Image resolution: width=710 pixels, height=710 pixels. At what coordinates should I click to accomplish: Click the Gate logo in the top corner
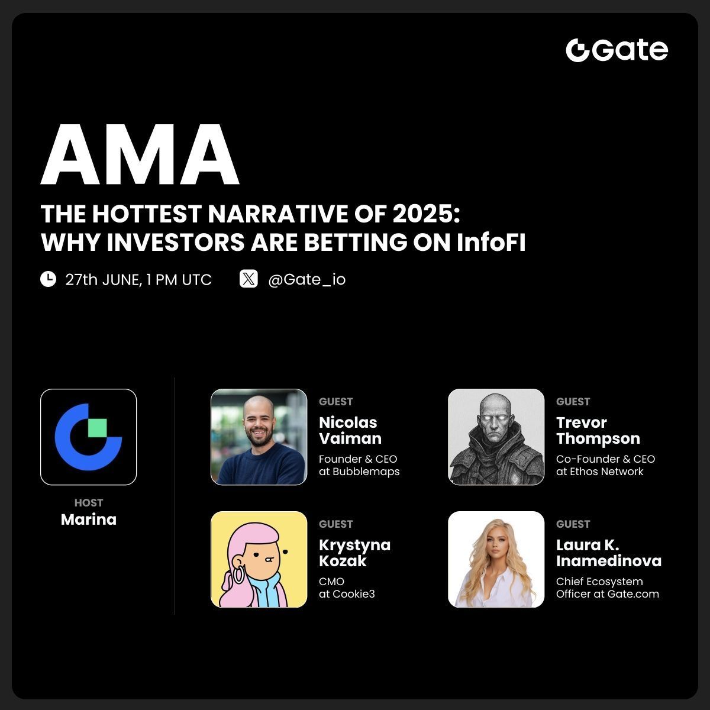[x=617, y=50]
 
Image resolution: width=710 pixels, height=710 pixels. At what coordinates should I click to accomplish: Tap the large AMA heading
[x=140, y=156]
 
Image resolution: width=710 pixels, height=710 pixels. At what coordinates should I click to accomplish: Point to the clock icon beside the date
[x=48, y=279]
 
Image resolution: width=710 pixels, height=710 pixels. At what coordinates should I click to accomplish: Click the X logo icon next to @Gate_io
[x=248, y=279]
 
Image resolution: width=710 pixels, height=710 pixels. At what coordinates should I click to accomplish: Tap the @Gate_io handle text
[x=306, y=279]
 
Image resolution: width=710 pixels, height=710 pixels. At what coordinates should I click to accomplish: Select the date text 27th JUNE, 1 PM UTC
[x=138, y=279]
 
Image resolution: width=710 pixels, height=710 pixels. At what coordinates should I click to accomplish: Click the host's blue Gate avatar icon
[x=88, y=437]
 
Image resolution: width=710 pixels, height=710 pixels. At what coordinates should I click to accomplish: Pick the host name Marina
[x=88, y=519]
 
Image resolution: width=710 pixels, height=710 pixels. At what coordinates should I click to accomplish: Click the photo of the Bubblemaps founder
[x=259, y=437]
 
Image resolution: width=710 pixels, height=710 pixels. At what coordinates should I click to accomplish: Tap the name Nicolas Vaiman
[x=350, y=431]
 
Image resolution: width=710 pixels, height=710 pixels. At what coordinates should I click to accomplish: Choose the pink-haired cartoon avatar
[x=259, y=559]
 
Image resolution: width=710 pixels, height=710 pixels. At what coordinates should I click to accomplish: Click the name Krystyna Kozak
[x=354, y=553]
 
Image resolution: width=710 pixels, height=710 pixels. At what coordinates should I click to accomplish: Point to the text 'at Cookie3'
[x=347, y=594]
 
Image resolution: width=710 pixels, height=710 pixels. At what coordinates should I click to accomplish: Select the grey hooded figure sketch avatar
[x=496, y=437]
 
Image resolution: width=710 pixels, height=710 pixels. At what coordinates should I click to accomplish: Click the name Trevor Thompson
[x=598, y=431]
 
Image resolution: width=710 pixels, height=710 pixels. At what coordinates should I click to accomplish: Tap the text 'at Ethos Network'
[x=599, y=472]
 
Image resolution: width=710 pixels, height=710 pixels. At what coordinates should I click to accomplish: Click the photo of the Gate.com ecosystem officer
[x=496, y=559]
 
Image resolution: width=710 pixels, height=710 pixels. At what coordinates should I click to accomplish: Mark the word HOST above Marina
[x=89, y=503]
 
